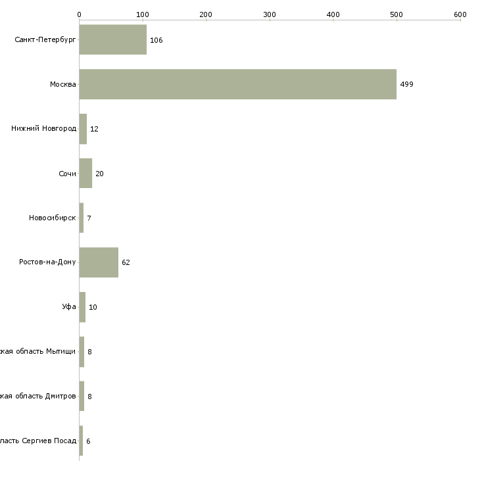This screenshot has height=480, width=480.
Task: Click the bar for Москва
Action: point(237,84)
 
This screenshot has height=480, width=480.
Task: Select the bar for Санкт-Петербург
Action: point(112,40)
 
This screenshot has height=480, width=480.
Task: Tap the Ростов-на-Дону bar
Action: point(99,262)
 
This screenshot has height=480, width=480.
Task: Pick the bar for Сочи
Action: point(85,174)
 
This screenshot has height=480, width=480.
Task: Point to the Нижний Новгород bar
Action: point(83,129)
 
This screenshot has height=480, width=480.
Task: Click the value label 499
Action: point(406,85)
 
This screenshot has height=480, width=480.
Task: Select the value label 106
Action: point(156,41)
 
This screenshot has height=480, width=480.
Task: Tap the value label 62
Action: point(126,263)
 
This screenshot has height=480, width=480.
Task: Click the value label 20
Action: point(99,174)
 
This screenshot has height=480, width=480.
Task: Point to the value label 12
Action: point(94,130)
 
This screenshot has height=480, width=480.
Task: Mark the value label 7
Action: point(89,218)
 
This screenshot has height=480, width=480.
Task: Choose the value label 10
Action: point(93,308)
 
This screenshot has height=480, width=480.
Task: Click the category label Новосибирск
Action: point(53,218)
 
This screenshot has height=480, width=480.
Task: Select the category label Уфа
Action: point(69,307)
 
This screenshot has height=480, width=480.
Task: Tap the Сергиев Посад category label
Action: point(38,441)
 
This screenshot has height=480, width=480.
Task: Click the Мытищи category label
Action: point(38,352)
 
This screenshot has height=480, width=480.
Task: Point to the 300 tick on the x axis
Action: point(270,14)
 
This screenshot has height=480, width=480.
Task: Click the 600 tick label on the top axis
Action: point(460,14)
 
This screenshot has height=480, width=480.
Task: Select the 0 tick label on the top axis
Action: point(79,14)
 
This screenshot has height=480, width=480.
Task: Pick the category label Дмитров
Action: point(38,396)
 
